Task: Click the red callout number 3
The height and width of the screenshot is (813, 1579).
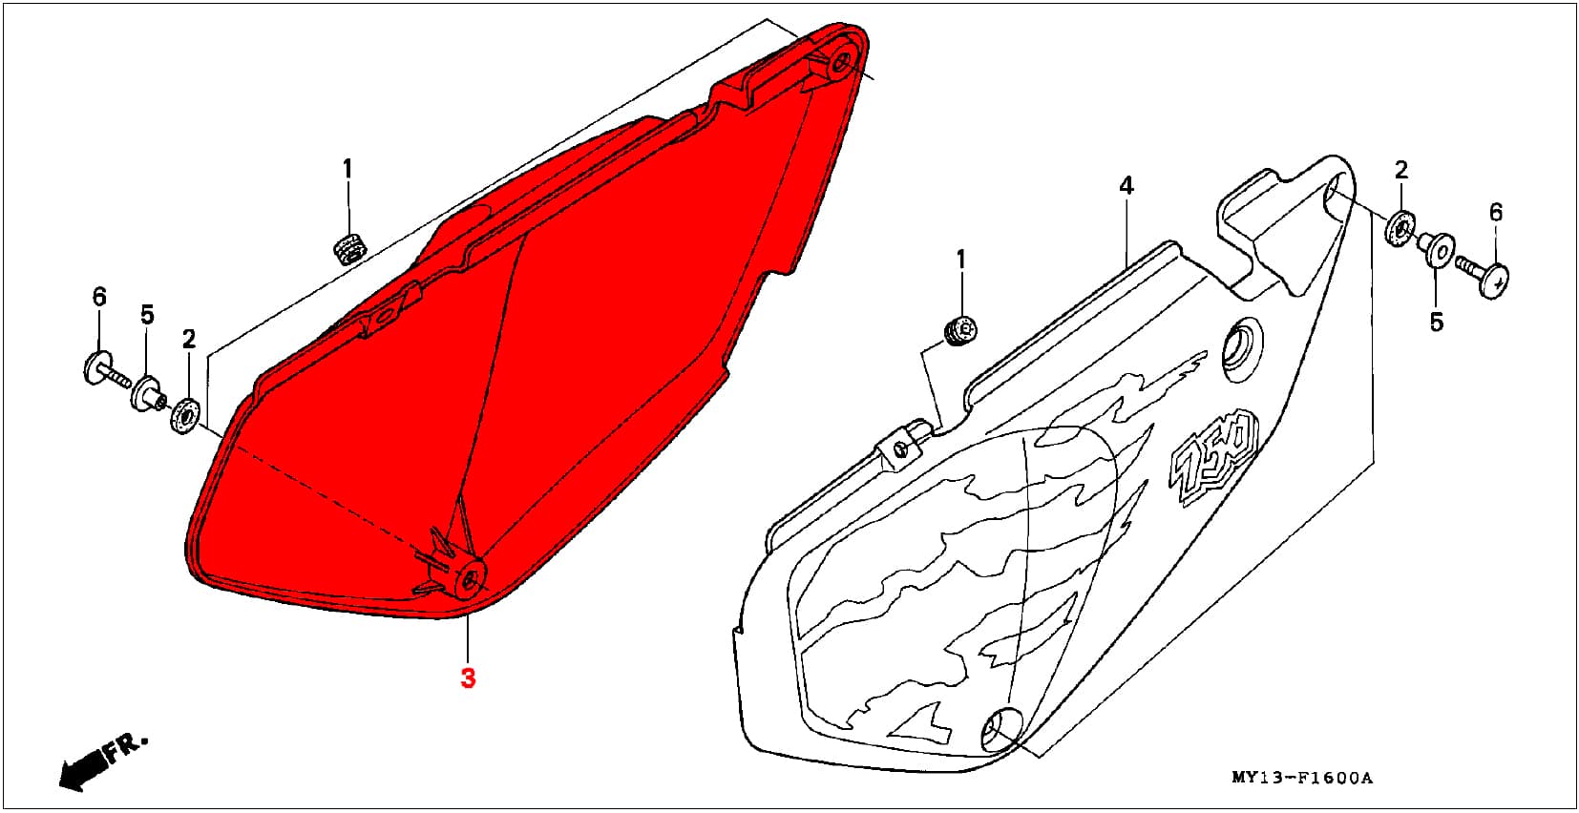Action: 468,677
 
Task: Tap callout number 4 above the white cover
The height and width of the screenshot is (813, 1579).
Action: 1126,186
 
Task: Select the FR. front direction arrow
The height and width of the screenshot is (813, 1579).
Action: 101,761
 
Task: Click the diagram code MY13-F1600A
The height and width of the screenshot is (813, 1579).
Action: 1302,778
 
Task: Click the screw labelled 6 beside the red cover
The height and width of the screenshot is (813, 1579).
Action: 106,370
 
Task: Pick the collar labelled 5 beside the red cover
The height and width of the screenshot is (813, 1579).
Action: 148,394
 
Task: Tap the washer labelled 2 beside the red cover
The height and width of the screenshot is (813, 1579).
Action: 185,416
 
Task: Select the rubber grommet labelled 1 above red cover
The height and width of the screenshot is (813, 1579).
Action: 349,248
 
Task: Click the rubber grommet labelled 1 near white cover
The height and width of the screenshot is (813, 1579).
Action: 960,331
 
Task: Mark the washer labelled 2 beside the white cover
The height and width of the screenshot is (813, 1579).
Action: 1400,227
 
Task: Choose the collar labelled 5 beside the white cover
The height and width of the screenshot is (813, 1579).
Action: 1437,249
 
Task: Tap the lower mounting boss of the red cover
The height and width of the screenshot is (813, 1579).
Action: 469,580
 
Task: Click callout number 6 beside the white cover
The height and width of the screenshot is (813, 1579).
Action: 1496,212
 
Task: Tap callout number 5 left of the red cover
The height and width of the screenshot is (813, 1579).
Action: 147,314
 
